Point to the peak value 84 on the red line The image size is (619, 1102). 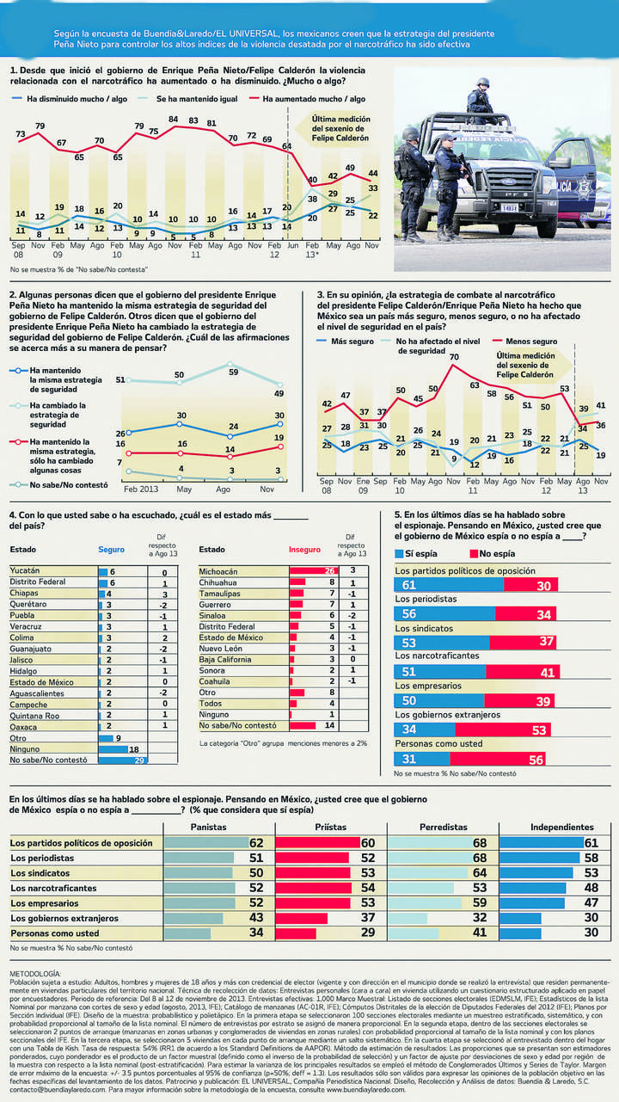pyautogui.click(x=174, y=119)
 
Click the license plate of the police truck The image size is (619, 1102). pyautogui.click(x=509, y=207)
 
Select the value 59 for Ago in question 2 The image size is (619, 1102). pyautogui.click(x=233, y=372)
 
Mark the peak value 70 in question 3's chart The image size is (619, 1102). pyautogui.click(x=454, y=356)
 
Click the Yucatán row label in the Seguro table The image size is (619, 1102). pyautogui.click(x=27, y=570)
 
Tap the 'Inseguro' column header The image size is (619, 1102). pyautogui.click(x=304, y=549)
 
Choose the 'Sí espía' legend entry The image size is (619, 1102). pyautogui.click(x=422, y=554)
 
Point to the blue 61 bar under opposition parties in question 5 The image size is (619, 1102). pyautogui.click(x=449, y=586)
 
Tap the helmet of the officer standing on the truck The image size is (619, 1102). pyautogui.click(x=482, y=83)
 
